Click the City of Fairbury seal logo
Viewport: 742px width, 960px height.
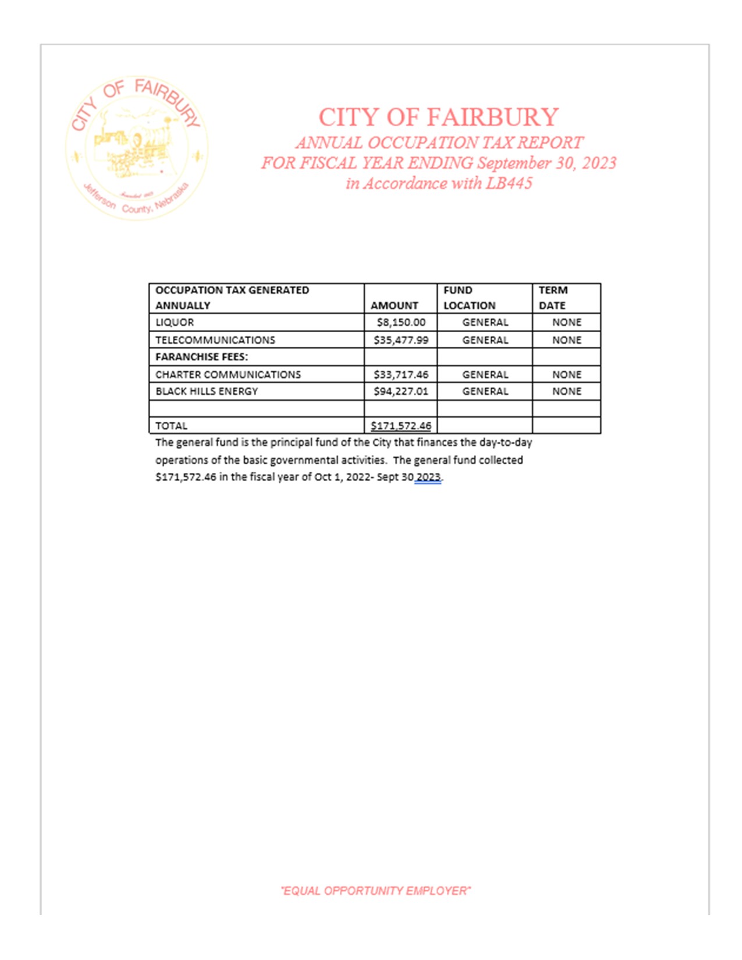point(136,148)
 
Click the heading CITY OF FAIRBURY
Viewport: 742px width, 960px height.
point(438,117)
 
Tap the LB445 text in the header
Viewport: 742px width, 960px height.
point(509,183)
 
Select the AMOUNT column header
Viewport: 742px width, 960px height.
point(394,305)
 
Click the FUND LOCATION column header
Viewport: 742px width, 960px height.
point(469,297)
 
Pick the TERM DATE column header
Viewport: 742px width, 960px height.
point(552,297)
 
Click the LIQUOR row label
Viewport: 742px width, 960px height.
point(175,322)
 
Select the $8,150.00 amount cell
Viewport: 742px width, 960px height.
point(401,322)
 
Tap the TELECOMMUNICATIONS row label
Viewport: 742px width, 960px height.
point(215,340)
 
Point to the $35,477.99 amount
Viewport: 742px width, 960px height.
point(401,340)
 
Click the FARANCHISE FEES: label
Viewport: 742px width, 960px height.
point(201,357)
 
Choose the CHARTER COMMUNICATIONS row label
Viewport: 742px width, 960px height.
point(228,374)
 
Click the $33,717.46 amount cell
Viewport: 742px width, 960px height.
point(401,374)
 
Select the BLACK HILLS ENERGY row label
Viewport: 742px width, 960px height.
point(207,391)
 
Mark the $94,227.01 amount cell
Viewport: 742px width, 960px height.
point(401,391)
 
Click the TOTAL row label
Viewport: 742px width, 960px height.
point(171,425)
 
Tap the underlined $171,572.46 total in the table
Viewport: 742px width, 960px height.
point(401,425)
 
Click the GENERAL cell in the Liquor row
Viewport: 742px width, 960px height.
point(485,322)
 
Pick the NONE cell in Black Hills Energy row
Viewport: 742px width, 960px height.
point(566,391)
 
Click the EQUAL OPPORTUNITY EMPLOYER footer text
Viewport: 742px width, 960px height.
point(375,891)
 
